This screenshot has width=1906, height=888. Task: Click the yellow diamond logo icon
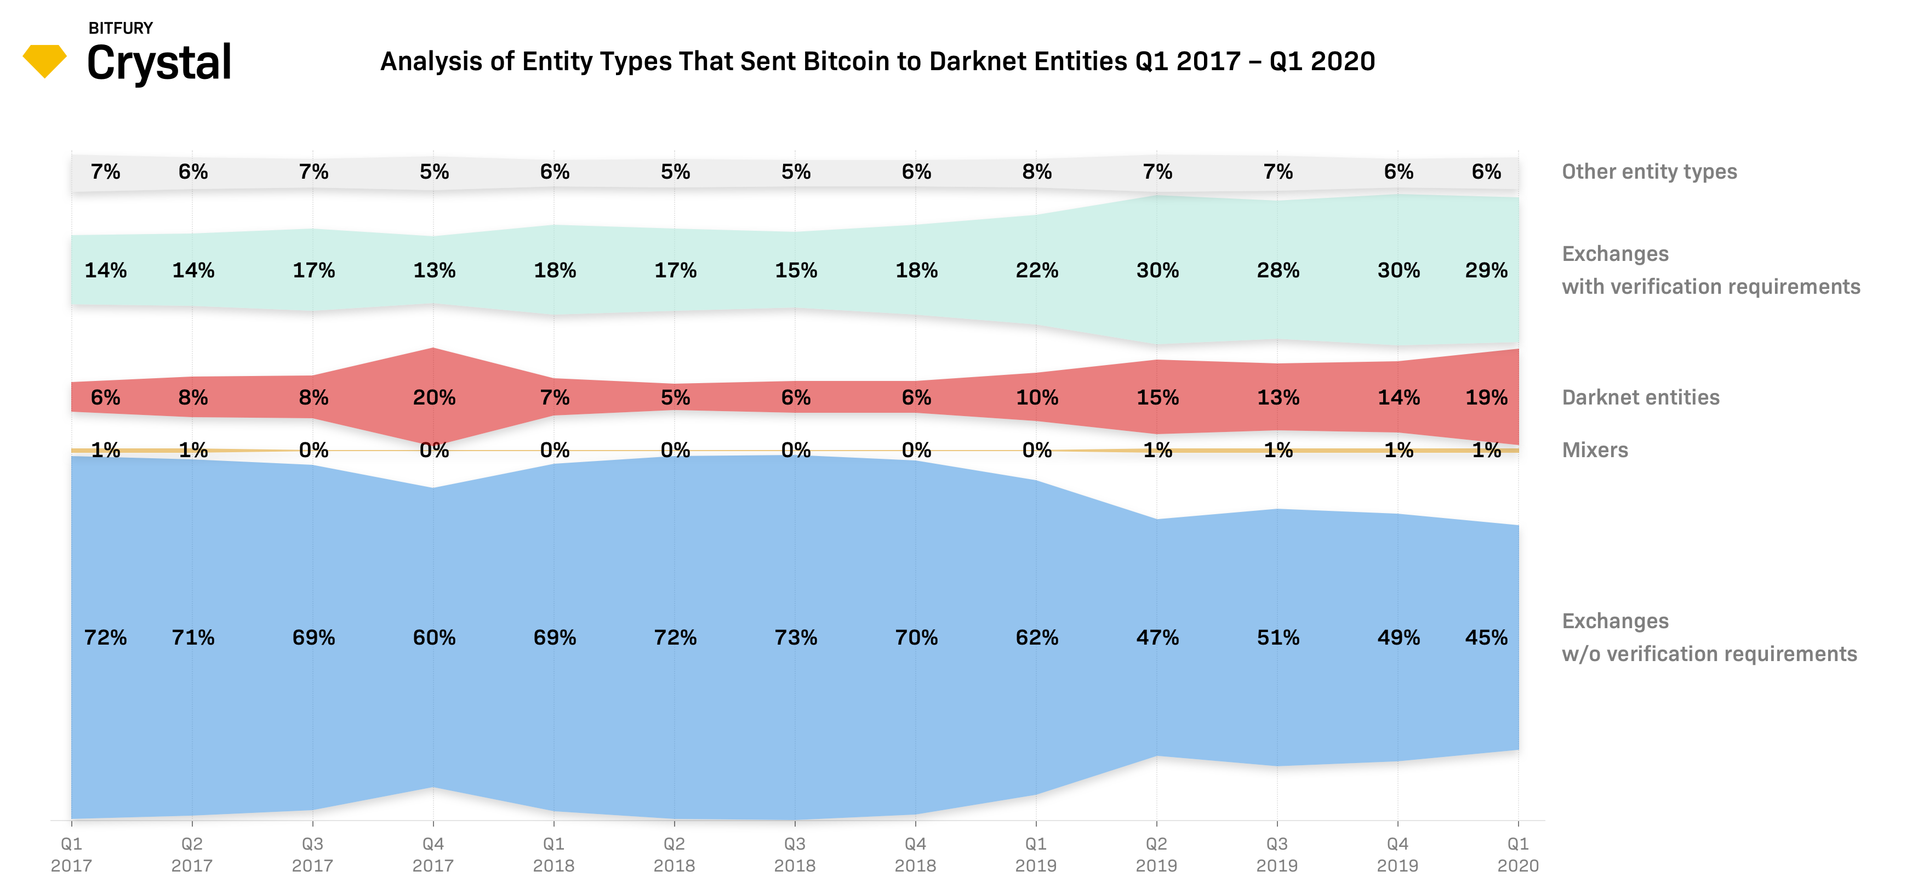[44, 61]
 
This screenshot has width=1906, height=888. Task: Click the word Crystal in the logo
[159, 63]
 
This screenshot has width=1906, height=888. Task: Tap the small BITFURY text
[121, 28]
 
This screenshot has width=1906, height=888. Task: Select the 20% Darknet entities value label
[435, 397]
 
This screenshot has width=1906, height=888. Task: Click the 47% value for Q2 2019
[1157, 637]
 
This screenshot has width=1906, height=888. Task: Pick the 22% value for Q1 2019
[1037, 270]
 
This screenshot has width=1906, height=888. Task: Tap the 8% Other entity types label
[1037, 172]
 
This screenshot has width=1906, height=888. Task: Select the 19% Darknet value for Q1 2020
[1486, 397]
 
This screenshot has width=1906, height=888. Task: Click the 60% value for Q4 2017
[435, 637]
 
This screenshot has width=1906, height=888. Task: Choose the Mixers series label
[1595, 450]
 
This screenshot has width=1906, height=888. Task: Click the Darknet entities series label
[1640, 397]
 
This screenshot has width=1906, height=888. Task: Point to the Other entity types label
[1649, 172]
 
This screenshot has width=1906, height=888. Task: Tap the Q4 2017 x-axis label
[433, 854]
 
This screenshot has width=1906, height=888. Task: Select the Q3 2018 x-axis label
[795, 854]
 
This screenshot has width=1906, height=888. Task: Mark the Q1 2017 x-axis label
[71, 854]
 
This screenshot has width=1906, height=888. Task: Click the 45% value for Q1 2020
[1486, 637]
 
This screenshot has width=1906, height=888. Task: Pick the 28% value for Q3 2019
[1278, 270]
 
